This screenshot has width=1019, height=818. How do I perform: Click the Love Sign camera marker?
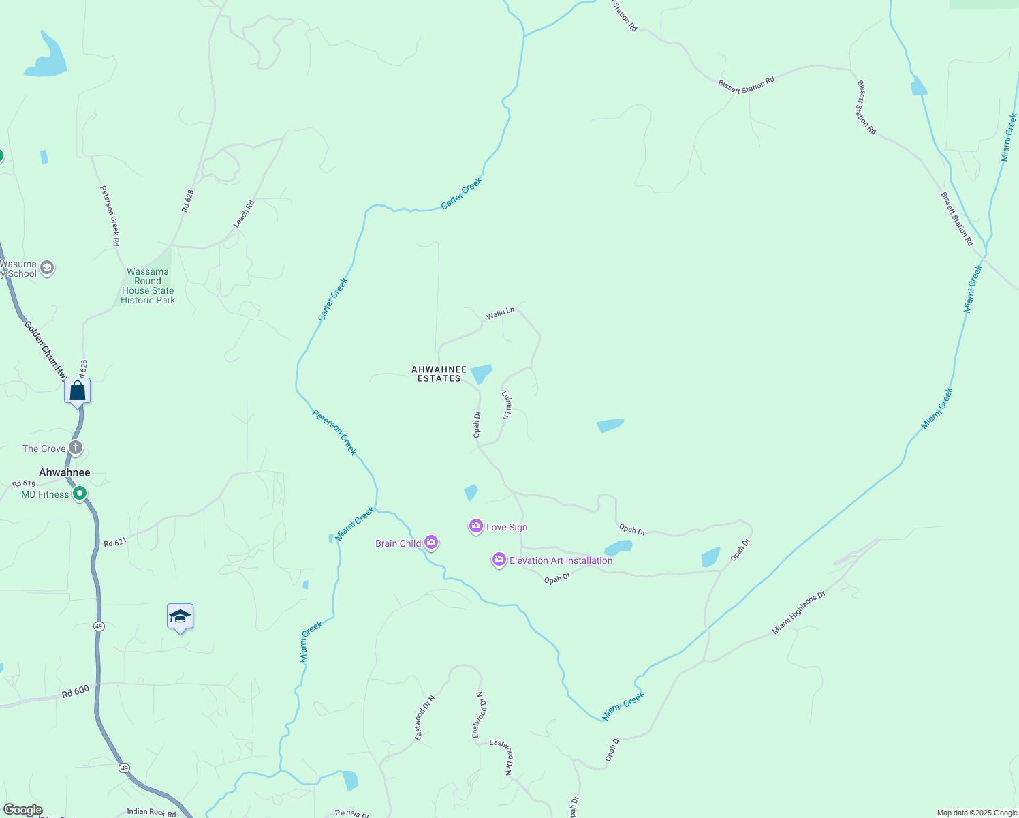pyautogui.click(x=476, y=526)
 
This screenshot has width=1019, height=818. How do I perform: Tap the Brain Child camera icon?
pyautogui.click(x=430, y=543)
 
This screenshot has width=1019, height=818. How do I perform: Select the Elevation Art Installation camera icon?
pyautogui.click(x=499, y=560)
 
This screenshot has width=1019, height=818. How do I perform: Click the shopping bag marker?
pyautogui.click(x=78, y=391)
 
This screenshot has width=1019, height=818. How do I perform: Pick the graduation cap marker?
pyautogui.click(x=180, y=617)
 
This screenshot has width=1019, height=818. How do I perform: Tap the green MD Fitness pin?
pyautogui.click(x=80, y=493)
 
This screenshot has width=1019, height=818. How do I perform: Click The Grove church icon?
pyautogui.click(x=76, y=448)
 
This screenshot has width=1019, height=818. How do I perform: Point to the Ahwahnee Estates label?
pyautogui.click(x=439, y=374)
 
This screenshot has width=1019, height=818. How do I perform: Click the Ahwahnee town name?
pyautogui.click(x=65, y=472)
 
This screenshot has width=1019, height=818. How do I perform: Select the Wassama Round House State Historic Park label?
pyautogui.click(x=148, y=286)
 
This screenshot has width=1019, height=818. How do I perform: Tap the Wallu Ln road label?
pyautogui.click(x=500, y=314)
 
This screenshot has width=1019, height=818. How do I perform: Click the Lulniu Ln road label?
pyautogui.click(x=506, y=404)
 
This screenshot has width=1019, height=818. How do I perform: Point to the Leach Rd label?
pyautogui.click(x=243, y=214)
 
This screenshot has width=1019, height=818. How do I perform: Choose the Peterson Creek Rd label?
pyautogui.click(x=110, y=215)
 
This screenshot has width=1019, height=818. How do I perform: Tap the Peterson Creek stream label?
pyautogui.click(x=334, y=432)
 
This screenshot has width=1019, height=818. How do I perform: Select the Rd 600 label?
pyautogui.click(x=75, y=691)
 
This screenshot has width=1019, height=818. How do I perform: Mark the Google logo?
pyautogui.click(x=22, y=810)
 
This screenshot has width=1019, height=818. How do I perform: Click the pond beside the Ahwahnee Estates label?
pyautogui.click(x=480, y=374)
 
